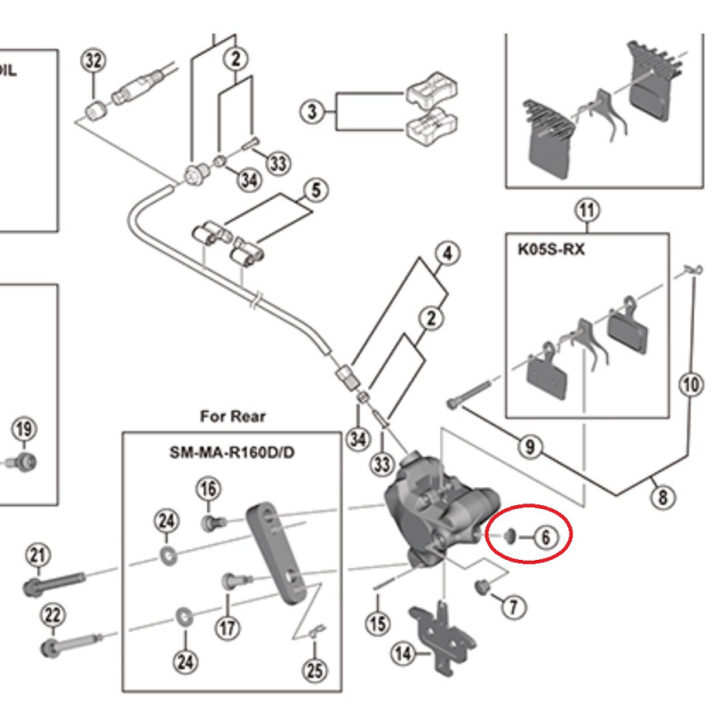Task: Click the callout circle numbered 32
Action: click(93, 61)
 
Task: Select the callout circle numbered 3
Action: click(313, 112)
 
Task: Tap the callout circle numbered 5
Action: click(316, 191)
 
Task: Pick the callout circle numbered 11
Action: click(588, 212)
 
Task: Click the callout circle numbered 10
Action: click(692, 384)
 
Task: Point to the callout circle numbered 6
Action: click(544, 537)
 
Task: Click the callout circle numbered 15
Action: click(377, 624)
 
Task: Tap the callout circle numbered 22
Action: click(53, 617)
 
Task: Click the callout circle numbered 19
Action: click(24, 429)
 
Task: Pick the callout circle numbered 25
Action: click(315, 672)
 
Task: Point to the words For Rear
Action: click(234, 416)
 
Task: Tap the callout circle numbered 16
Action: click(209, 489)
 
